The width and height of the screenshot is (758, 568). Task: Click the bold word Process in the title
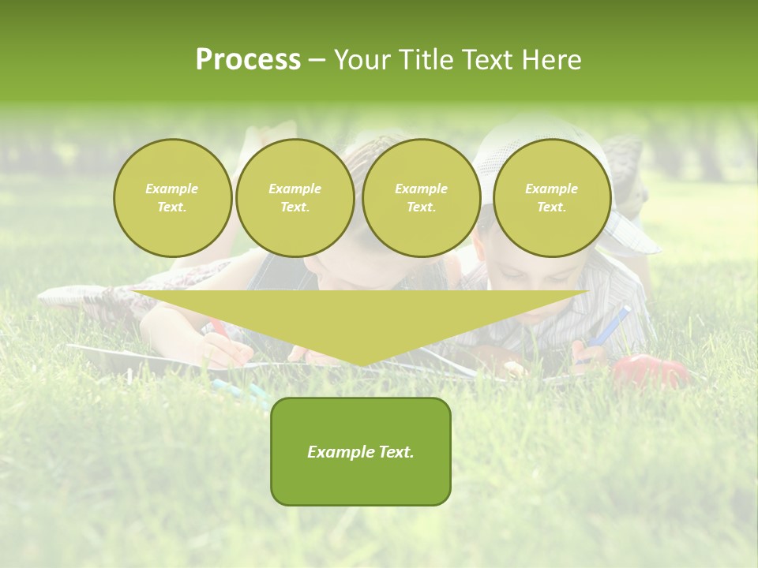click(x=248, y=60)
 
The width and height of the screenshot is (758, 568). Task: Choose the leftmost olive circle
click(x=172, y=198)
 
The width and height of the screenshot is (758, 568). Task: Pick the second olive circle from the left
click(x=295, y=198)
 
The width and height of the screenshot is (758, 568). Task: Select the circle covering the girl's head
click(x=421, y=198)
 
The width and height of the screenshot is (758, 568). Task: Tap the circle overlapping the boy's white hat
click(x=551, y=198)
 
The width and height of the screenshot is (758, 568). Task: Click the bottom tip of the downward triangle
click(x=361, y=364)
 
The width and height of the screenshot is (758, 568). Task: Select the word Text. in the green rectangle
click(x=396, y=452)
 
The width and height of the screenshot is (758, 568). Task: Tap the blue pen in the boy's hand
click(x=613, y=325)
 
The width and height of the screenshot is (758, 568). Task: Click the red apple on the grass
click(x=649, y=370)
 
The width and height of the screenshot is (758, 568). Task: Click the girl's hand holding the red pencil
click(x=229, y=348)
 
